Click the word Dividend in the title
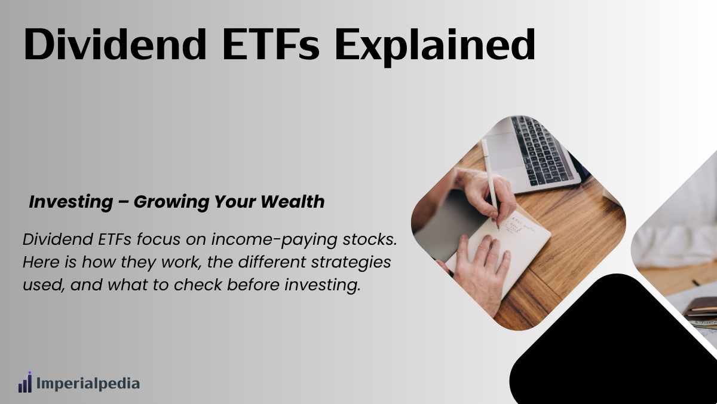tap(115, 44)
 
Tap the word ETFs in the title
tap(271, 44)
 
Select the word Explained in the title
tap(435, 47)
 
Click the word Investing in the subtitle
tap(71, 202)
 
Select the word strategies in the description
tap(351, 262)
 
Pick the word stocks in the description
tap(370, 239)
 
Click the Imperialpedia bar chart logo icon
tap(25, 382)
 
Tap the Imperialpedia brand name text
tap(88, 384)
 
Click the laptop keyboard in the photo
tap(541, 150)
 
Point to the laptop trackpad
tap(504, 151)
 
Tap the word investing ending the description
tap(323, 285)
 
